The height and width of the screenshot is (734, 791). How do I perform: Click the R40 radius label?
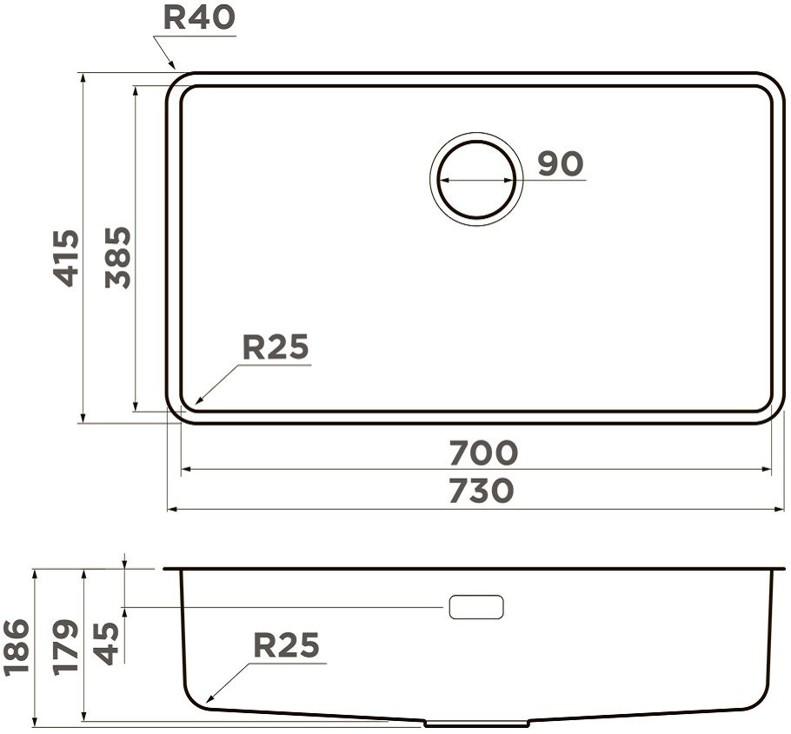coord(199,17)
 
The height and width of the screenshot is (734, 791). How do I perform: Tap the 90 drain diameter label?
coord(561,164)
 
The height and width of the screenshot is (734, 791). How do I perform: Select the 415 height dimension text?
coord(67,258)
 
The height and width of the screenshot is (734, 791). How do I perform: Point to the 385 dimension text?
coord(118,258)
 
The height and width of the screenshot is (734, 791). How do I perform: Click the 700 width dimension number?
coord(483,453)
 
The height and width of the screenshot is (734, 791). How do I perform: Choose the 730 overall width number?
coord(482,491)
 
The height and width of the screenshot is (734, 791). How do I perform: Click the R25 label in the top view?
coord(276,347)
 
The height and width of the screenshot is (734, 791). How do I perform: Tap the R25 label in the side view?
coord(287,645)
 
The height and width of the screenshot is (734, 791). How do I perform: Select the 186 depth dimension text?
coord(16,648)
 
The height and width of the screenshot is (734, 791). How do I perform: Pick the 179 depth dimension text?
coord(66,648)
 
